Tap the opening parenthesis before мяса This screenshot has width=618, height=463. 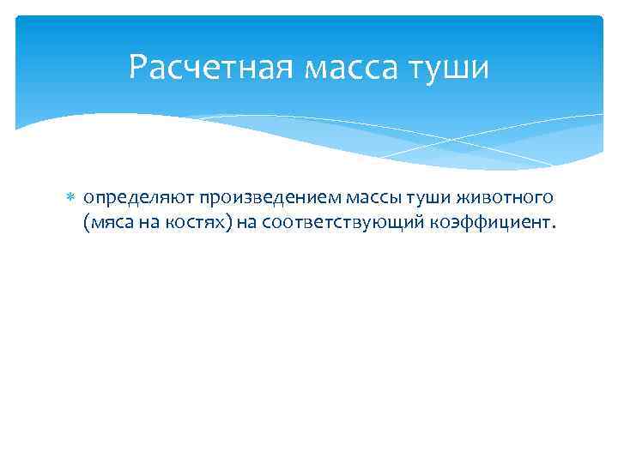[87, 225]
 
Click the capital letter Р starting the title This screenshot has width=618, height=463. [138, 66]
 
